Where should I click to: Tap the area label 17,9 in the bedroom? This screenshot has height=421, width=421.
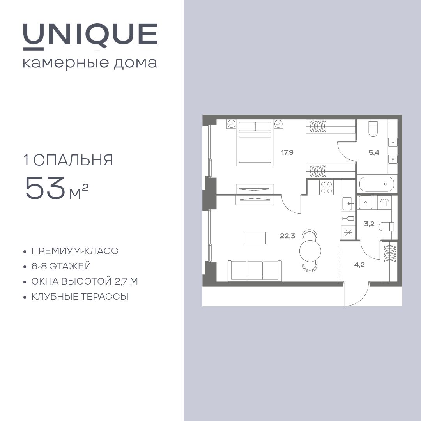click(287, 152)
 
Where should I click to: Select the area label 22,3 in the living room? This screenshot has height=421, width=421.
click(287, 235)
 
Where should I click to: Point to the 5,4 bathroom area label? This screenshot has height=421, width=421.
click(374, 152)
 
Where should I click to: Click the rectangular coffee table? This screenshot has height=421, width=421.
click(255, 238)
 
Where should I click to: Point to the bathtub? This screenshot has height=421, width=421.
click(377, 184)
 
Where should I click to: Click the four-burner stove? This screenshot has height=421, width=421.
click(326, 188)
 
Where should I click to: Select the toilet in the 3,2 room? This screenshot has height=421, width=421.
click(387, 226)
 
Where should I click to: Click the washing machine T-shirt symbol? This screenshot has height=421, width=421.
click(384, 202)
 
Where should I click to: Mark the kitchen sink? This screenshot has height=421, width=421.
click(348, 203)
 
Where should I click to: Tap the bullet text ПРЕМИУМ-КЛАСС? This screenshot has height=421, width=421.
click(74, 251)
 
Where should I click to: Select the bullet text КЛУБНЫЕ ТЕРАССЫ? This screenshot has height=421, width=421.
click(80, 297)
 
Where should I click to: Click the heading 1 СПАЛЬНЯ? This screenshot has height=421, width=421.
click(68, 160)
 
